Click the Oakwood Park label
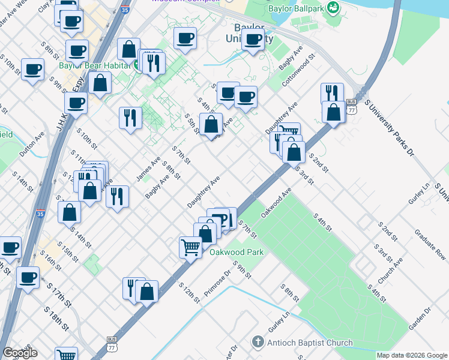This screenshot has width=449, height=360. tap(237, 253)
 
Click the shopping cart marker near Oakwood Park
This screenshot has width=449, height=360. tap(190, 247)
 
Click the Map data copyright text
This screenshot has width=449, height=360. tap(412, 355)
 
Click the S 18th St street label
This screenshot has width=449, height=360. tap(56, 317)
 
